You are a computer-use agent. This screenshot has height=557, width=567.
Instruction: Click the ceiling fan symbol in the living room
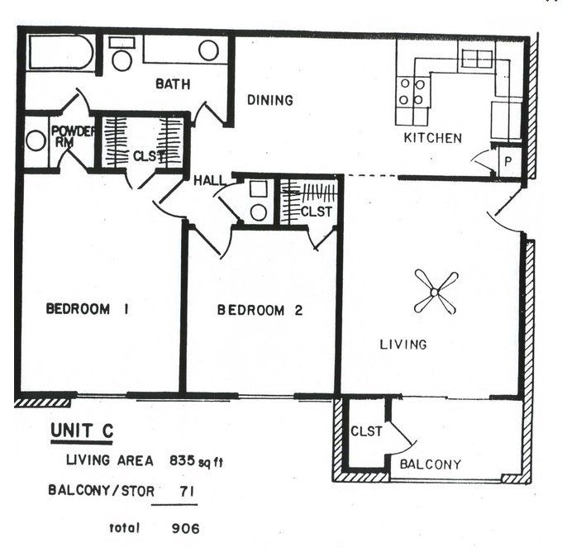[x=436, y=293]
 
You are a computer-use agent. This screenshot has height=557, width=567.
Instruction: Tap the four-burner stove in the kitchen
[x=412, y=92]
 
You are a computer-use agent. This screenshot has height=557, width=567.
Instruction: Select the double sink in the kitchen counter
[x=475, y=60]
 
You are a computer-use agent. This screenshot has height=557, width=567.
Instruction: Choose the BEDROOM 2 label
[x=260, y=311]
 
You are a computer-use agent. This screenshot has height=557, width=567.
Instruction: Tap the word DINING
[x=270, y=101]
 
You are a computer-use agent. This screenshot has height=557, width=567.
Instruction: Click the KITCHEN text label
[x=432, y=138]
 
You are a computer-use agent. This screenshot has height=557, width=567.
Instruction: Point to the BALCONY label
[x=430, y=464]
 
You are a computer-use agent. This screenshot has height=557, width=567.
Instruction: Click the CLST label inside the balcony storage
[x=366, y=431]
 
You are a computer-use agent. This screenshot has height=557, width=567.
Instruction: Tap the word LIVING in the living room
[x=403, y=344]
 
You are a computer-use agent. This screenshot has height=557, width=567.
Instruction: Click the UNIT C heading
[x=82, y=431]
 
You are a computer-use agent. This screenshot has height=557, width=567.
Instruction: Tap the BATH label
[x=173, y=83]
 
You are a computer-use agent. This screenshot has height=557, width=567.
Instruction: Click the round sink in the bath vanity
[x=208, y=50]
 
